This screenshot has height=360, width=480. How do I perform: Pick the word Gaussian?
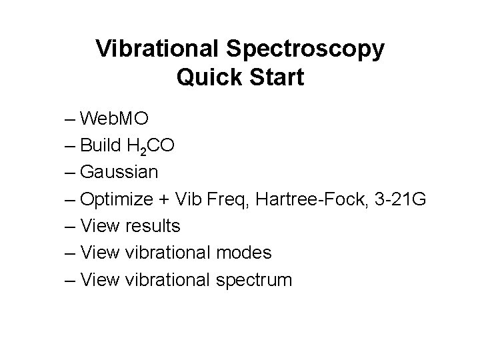click(x=119, y=173)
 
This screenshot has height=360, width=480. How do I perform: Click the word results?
click(x=152, y=226)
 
